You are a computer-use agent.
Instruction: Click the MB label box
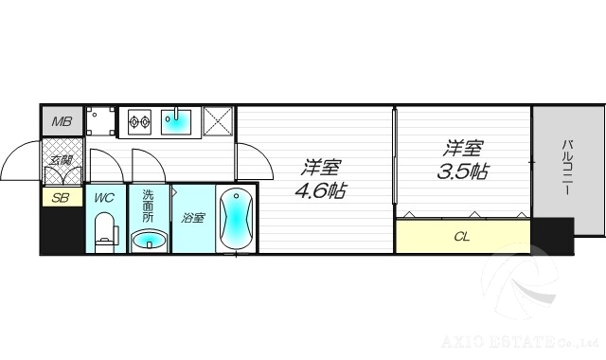[x=62, y=121]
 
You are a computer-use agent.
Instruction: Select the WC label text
[x=104, y=198]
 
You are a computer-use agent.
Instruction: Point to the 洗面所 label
[x=149, y=206]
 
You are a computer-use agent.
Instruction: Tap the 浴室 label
[x=193, y=218]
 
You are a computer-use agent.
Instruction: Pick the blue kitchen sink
[x=178, y=121]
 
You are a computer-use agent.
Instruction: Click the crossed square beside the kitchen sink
[x=219, y=122]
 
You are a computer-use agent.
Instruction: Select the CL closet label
[x=462, y=237]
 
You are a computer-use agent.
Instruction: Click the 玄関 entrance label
[x=62, y=161]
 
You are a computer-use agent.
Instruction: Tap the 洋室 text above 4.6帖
[x=320, y=167]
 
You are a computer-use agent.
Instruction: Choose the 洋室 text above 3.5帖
[x=463, y=149]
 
